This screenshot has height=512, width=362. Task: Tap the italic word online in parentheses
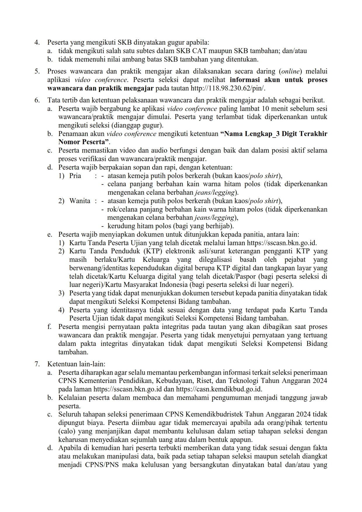coord(291,72)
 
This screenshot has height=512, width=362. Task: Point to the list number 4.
coord(37,43)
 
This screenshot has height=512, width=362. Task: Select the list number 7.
coord(37,364)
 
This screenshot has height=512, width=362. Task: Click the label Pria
coord(75,176)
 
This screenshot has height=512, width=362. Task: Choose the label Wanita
coord(79,201)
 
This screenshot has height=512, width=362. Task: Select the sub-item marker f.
coord(49,327)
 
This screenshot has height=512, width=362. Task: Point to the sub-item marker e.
coord(50,234)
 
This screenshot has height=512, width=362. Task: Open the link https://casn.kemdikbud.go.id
coord(219,389)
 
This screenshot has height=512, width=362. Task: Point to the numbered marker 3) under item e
coord(61,293)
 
